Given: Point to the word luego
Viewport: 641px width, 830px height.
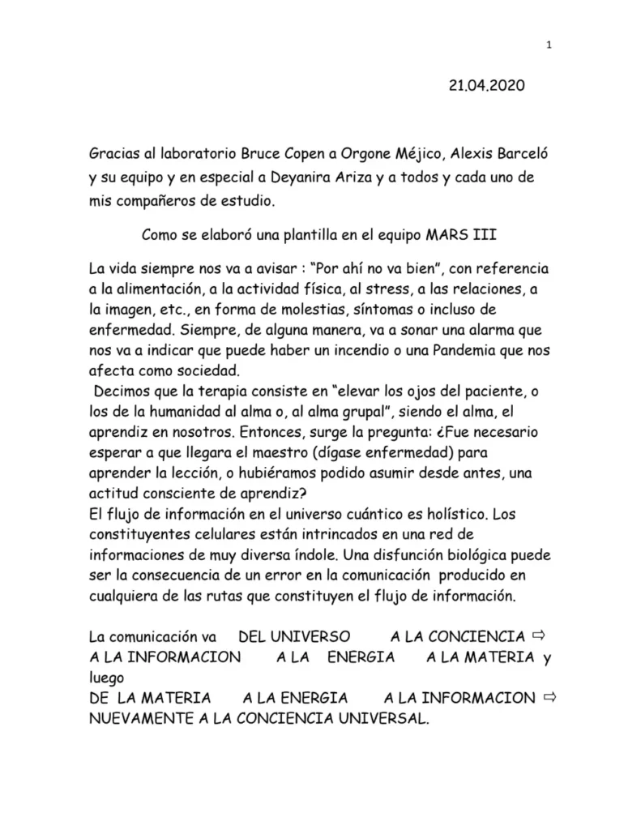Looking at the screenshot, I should click(x=108, y=677).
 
